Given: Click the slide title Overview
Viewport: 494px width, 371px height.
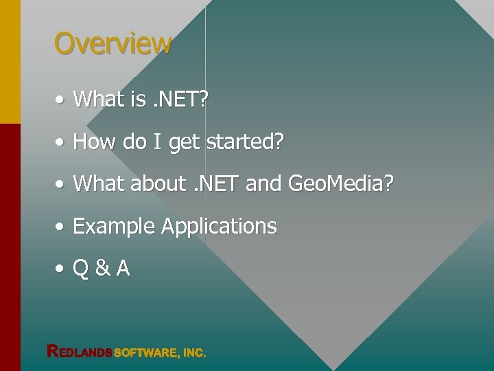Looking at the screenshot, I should (113, 43).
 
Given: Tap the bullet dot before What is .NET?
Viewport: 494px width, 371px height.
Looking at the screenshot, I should (60, 100).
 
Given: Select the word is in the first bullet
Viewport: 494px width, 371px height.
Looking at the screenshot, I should (137, 100).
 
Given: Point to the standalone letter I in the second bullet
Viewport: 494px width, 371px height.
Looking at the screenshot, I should (156, 142).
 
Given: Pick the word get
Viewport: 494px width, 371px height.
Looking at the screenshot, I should (183, 144).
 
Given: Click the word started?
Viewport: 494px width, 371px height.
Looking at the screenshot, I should (245, 142).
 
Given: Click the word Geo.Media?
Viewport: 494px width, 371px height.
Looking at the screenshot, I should (340, 183).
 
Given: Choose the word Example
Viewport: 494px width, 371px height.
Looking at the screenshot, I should (114, 227).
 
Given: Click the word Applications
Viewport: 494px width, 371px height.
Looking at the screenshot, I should (219, 227).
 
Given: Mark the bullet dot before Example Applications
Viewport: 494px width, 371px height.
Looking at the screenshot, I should (60, 227).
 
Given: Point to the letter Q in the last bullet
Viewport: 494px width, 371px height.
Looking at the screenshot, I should (80, 269).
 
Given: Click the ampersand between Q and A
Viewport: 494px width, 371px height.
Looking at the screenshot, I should (102, 269).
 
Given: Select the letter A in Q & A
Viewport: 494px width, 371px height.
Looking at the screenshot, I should (123, 269).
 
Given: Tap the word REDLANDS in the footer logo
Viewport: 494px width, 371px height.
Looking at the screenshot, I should (79, 352).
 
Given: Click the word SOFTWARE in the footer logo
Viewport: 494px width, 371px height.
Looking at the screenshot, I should (145, 353).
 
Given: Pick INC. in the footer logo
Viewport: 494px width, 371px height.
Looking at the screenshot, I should (194, 353).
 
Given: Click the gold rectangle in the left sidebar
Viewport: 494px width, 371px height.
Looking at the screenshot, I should (10, 62).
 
